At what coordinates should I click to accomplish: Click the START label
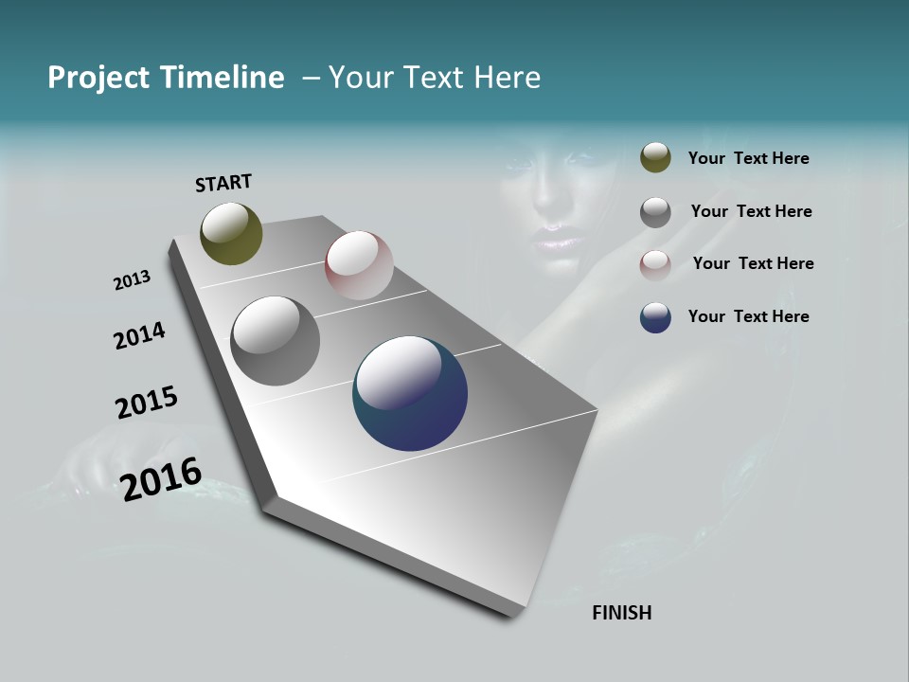223,182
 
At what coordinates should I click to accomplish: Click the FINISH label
621,613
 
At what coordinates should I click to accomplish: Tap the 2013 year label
132,280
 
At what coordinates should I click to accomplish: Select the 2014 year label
139,335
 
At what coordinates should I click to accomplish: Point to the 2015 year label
147,403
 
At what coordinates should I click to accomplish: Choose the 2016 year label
161,478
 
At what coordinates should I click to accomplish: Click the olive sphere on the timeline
231,233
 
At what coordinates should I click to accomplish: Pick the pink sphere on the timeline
359,265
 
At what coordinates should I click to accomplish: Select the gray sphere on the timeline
275,341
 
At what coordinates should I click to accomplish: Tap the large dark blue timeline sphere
410,393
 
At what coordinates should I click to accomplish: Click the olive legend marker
655,158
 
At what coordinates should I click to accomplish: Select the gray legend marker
655,212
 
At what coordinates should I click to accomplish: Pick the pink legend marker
655,265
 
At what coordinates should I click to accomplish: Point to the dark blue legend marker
655,317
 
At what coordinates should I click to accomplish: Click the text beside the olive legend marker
748,159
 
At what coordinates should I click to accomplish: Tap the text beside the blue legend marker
748,316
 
